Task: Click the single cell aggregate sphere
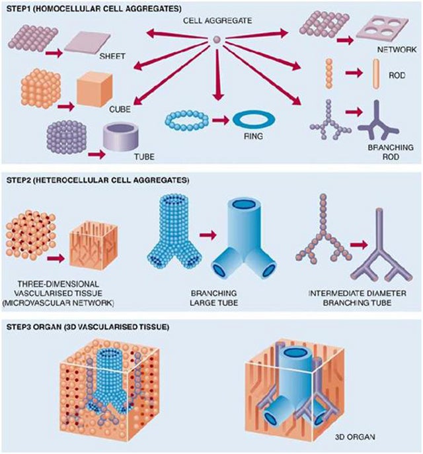[x=215, y=41]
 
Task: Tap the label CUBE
[x=120, y=107]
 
